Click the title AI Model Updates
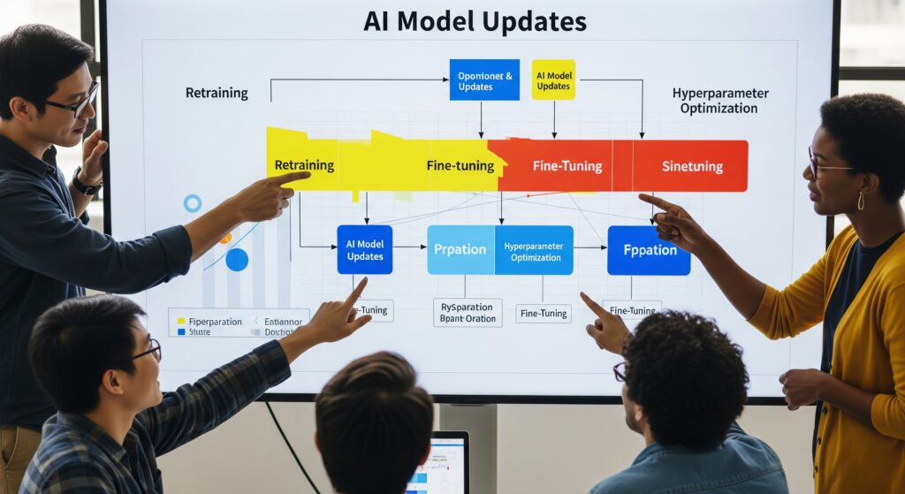coord(475,21)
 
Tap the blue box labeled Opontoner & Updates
coord(483,80)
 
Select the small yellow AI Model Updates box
coord(553,80)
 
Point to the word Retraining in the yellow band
coord(304,165)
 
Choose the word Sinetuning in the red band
coord(692,166)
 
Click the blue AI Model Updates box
coord(364,249)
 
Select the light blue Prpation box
coord(460,249)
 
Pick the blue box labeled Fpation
coord(649,250)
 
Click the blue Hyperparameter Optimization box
coord(533,250)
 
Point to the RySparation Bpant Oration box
coord(467,312)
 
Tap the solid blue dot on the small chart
coord(237,260)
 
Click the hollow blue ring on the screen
coord(192,203)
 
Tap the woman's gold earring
coord(860,201)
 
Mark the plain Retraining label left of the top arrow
coord(217,93)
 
